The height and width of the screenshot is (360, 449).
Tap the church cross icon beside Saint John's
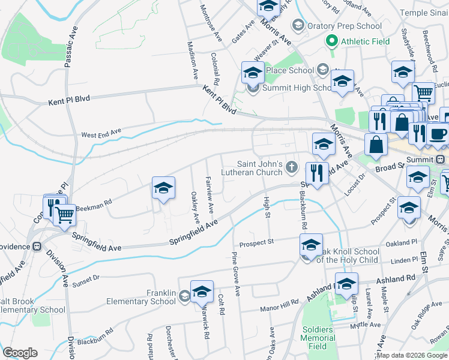click(292, 167)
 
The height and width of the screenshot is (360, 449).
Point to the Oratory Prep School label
click(344, 26)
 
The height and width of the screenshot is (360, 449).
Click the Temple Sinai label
click(424, 12)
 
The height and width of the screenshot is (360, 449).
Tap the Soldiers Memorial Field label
click(318, 338)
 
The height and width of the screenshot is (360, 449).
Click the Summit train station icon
click(440, 160)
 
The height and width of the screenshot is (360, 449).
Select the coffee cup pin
click(438, 133)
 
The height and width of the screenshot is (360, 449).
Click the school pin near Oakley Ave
click(163, 188)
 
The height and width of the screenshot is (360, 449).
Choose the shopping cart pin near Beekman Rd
click(65, 214)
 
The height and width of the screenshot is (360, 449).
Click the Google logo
click(20, 353)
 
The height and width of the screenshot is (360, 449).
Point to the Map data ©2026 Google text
click(412, 355)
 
